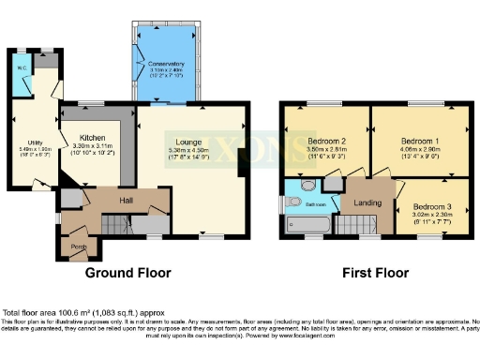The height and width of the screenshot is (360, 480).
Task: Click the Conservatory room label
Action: point(169,64)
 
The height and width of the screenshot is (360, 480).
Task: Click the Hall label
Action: point(125,200)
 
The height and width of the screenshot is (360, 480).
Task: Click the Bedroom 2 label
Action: point(326,142)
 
